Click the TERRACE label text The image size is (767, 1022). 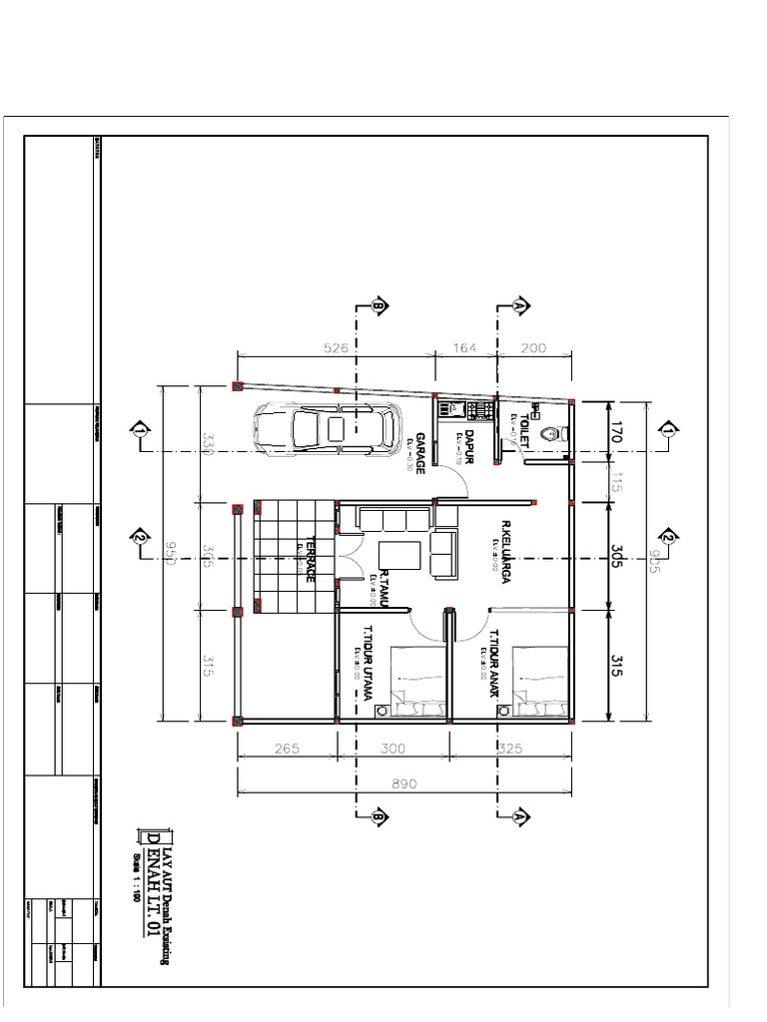(311, 560)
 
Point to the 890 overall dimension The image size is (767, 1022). (404, 785)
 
